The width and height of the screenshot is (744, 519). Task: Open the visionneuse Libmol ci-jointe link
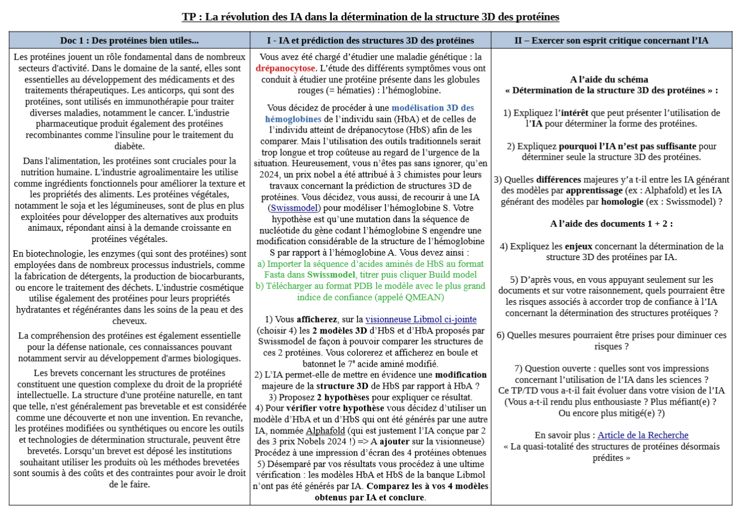(x=421, y=319)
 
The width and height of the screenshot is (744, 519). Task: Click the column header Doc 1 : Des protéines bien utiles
(x=129, y=40)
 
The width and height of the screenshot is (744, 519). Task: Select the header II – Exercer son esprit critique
(x=611, y=40)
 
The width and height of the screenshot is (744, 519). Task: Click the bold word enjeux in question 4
(x=580, y=246)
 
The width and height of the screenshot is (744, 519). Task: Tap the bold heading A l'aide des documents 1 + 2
(x=611, y=223)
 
